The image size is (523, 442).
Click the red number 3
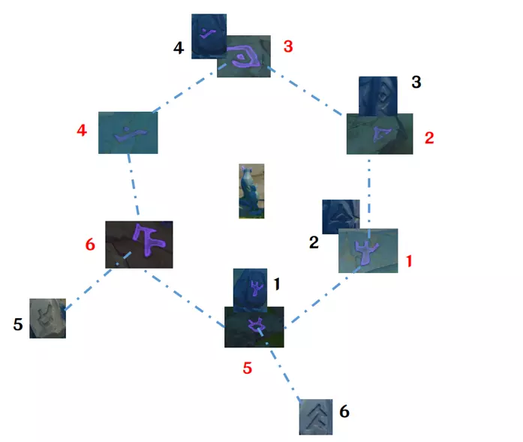coord(288,47)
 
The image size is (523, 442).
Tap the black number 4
coord(179,48)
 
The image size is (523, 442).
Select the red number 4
coord(82,130)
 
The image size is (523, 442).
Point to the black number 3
coord(416,82)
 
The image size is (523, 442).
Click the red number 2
coord(429,138)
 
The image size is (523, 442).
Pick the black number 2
coord(314,242)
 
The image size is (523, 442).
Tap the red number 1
coord(409,261)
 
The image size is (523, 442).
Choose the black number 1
coord(277,284)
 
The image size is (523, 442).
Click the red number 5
coord(247,368)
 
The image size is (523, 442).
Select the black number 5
coord(18,324)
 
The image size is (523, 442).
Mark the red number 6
coord(90,245)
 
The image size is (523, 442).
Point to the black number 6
coord(344,411)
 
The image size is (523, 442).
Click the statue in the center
coord(251,191)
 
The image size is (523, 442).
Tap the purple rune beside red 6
coord(148,239)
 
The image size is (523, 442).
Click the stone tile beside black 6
coord(316,416)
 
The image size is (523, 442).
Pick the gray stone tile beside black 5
coord(48,318)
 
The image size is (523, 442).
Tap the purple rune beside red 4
coord(131,134)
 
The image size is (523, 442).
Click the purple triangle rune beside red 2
coord(381,134)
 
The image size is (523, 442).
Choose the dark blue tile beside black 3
coord(378,95)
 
